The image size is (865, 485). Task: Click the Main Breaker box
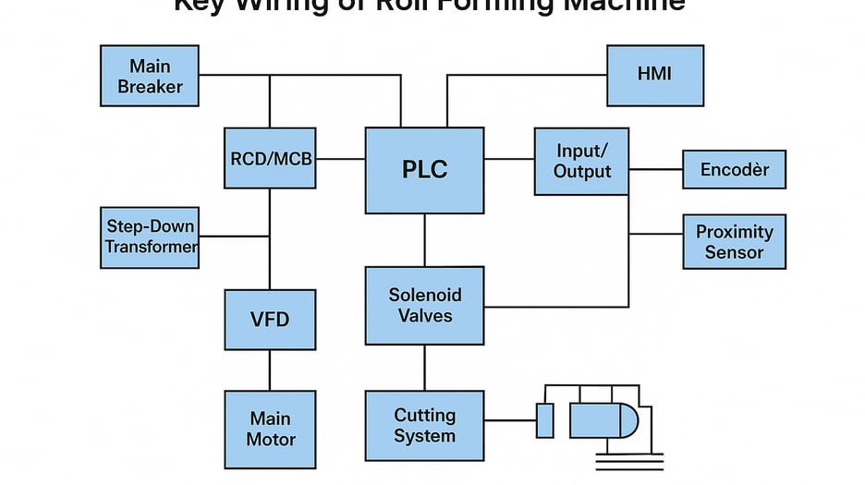coord(149,77)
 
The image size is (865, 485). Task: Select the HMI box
coord(655,74)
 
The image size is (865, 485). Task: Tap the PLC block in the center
coord(424,170)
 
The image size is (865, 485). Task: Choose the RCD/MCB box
coord(270,158)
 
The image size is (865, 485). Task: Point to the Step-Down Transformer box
coord(150,237)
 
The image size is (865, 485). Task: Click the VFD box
coord(270,320)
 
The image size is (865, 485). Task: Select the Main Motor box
coord(270,428)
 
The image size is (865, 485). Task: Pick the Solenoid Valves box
coord(424,306)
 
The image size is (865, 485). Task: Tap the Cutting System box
coord(424,426)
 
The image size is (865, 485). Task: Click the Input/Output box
coord(581,161)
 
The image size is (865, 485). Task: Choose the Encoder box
coord(734,170)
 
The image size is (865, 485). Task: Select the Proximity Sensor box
coord(734,242)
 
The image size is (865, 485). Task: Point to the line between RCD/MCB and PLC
coord(340,159)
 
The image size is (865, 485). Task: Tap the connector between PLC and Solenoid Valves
coord(424,240)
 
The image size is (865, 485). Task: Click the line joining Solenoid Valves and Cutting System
coord(424,368)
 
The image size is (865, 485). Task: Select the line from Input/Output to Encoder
coord(656,170)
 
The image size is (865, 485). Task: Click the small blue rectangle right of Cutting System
coord(544,420)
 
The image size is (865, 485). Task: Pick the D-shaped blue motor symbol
coord(603,420)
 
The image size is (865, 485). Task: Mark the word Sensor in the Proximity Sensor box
coord(734,252)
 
